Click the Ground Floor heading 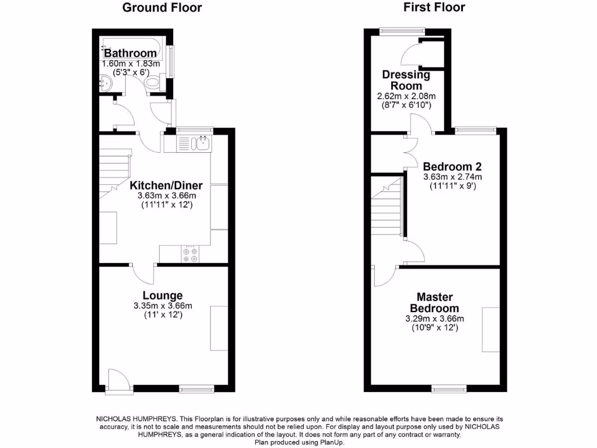point(162,8)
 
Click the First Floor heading point(434,8)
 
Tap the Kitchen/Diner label point(166,185)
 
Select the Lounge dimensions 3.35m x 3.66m point(163,306)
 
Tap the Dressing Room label point(406,80)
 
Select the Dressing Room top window point(403,29)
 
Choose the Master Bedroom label point(434,303)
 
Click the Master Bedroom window point(449,388)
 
